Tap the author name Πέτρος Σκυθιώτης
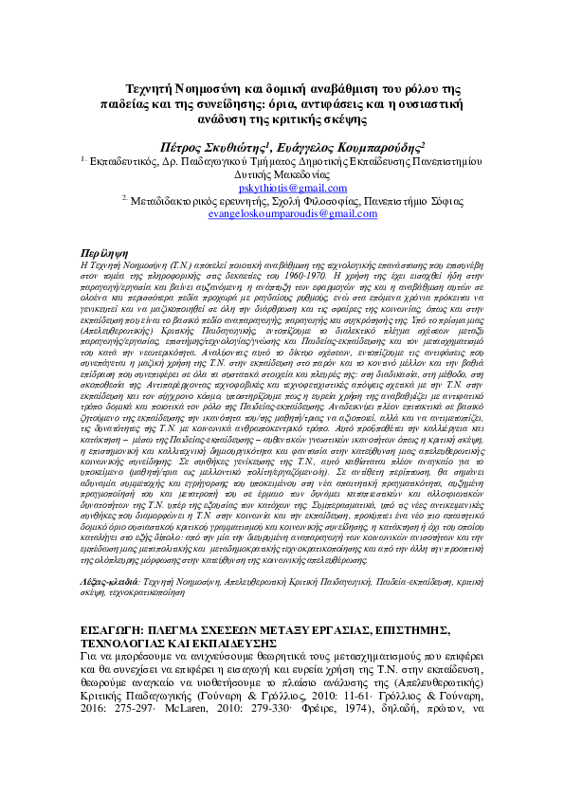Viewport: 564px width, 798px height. [x=215, y=147]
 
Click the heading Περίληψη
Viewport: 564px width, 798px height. [x=101, y=253]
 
